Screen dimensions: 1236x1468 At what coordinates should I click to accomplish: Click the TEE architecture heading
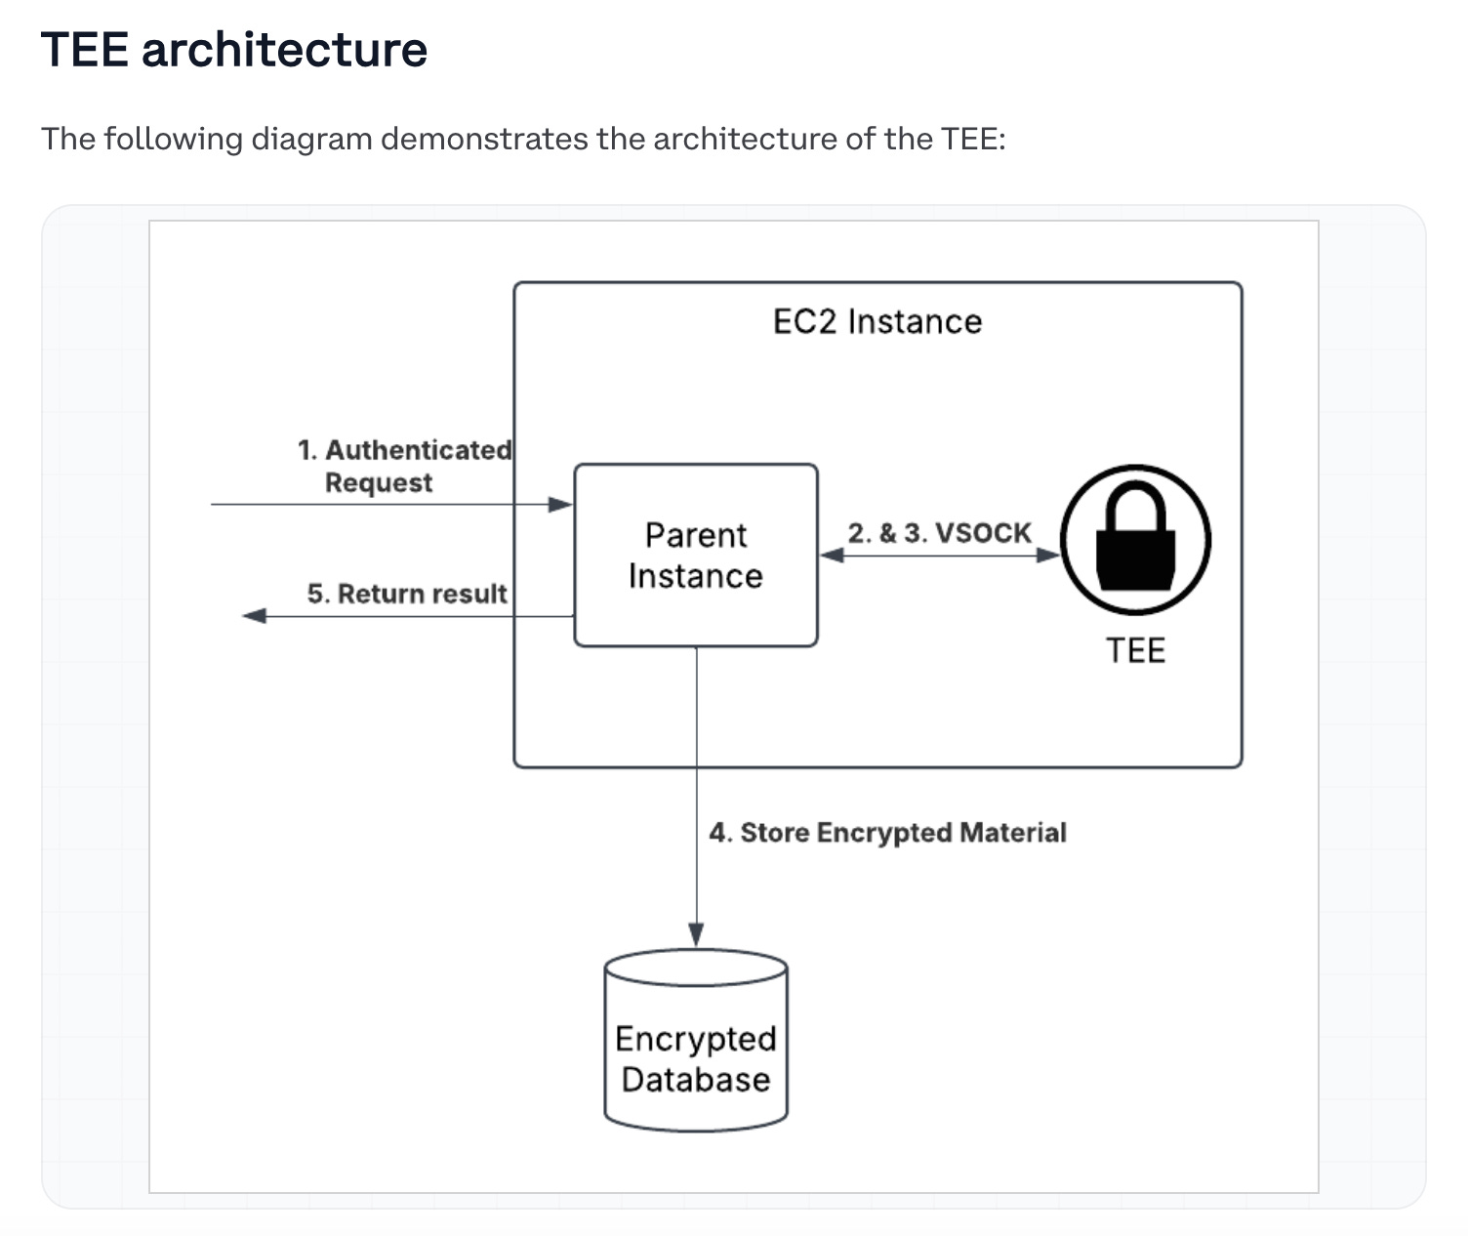point(234,50)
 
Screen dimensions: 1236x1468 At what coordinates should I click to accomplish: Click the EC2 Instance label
point(877,321)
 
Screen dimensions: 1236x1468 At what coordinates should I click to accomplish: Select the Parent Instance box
point(695,555)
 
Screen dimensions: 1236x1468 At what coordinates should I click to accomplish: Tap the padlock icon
point(1135,540)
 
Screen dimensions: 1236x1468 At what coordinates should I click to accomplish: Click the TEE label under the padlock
point(1135,650)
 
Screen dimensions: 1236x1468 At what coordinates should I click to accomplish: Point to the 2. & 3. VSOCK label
point(939,533)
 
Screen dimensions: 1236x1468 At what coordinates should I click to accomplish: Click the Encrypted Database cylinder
point(696,1040)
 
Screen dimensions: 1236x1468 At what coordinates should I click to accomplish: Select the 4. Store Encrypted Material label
point(887,833)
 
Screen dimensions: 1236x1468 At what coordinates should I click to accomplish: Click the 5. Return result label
point(407,594)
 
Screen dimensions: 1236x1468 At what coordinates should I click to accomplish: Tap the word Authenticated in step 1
point(418,450)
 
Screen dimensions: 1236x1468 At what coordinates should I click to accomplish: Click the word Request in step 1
point(379,482)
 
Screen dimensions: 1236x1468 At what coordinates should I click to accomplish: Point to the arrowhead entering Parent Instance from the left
point(561,505)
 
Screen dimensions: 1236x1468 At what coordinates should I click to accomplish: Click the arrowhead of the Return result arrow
point(255,616)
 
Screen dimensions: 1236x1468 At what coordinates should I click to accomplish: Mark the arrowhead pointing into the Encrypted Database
point(696,934)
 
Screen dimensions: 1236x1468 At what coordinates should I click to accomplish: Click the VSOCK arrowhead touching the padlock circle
point(1048,556)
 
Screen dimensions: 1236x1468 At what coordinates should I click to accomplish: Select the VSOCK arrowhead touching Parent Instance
point(832,556)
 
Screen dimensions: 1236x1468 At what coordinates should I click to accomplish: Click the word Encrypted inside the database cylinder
point(695,1039)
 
